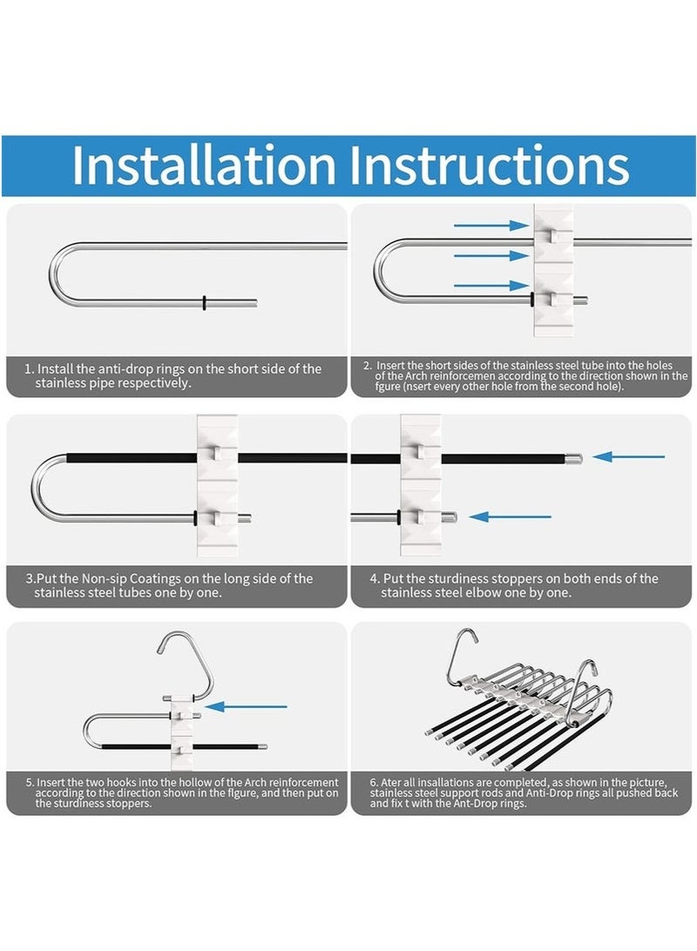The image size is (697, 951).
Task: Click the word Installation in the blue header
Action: point(204,165)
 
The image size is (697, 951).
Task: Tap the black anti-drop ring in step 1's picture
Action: point(205,302)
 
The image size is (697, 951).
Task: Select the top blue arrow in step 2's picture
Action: point(492,226)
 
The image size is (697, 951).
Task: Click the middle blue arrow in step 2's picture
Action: point(492,255)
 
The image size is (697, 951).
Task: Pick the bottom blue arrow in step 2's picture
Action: point(492,285)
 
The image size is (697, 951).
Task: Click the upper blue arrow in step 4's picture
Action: point(628,456)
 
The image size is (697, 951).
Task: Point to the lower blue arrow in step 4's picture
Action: point(510,516)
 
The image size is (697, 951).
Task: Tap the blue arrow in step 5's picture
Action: point(246,706)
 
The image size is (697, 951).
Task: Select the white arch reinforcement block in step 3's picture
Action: point(217,485)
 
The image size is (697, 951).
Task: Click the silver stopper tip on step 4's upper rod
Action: point(574,458)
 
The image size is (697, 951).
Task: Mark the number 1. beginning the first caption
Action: point(29,368)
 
